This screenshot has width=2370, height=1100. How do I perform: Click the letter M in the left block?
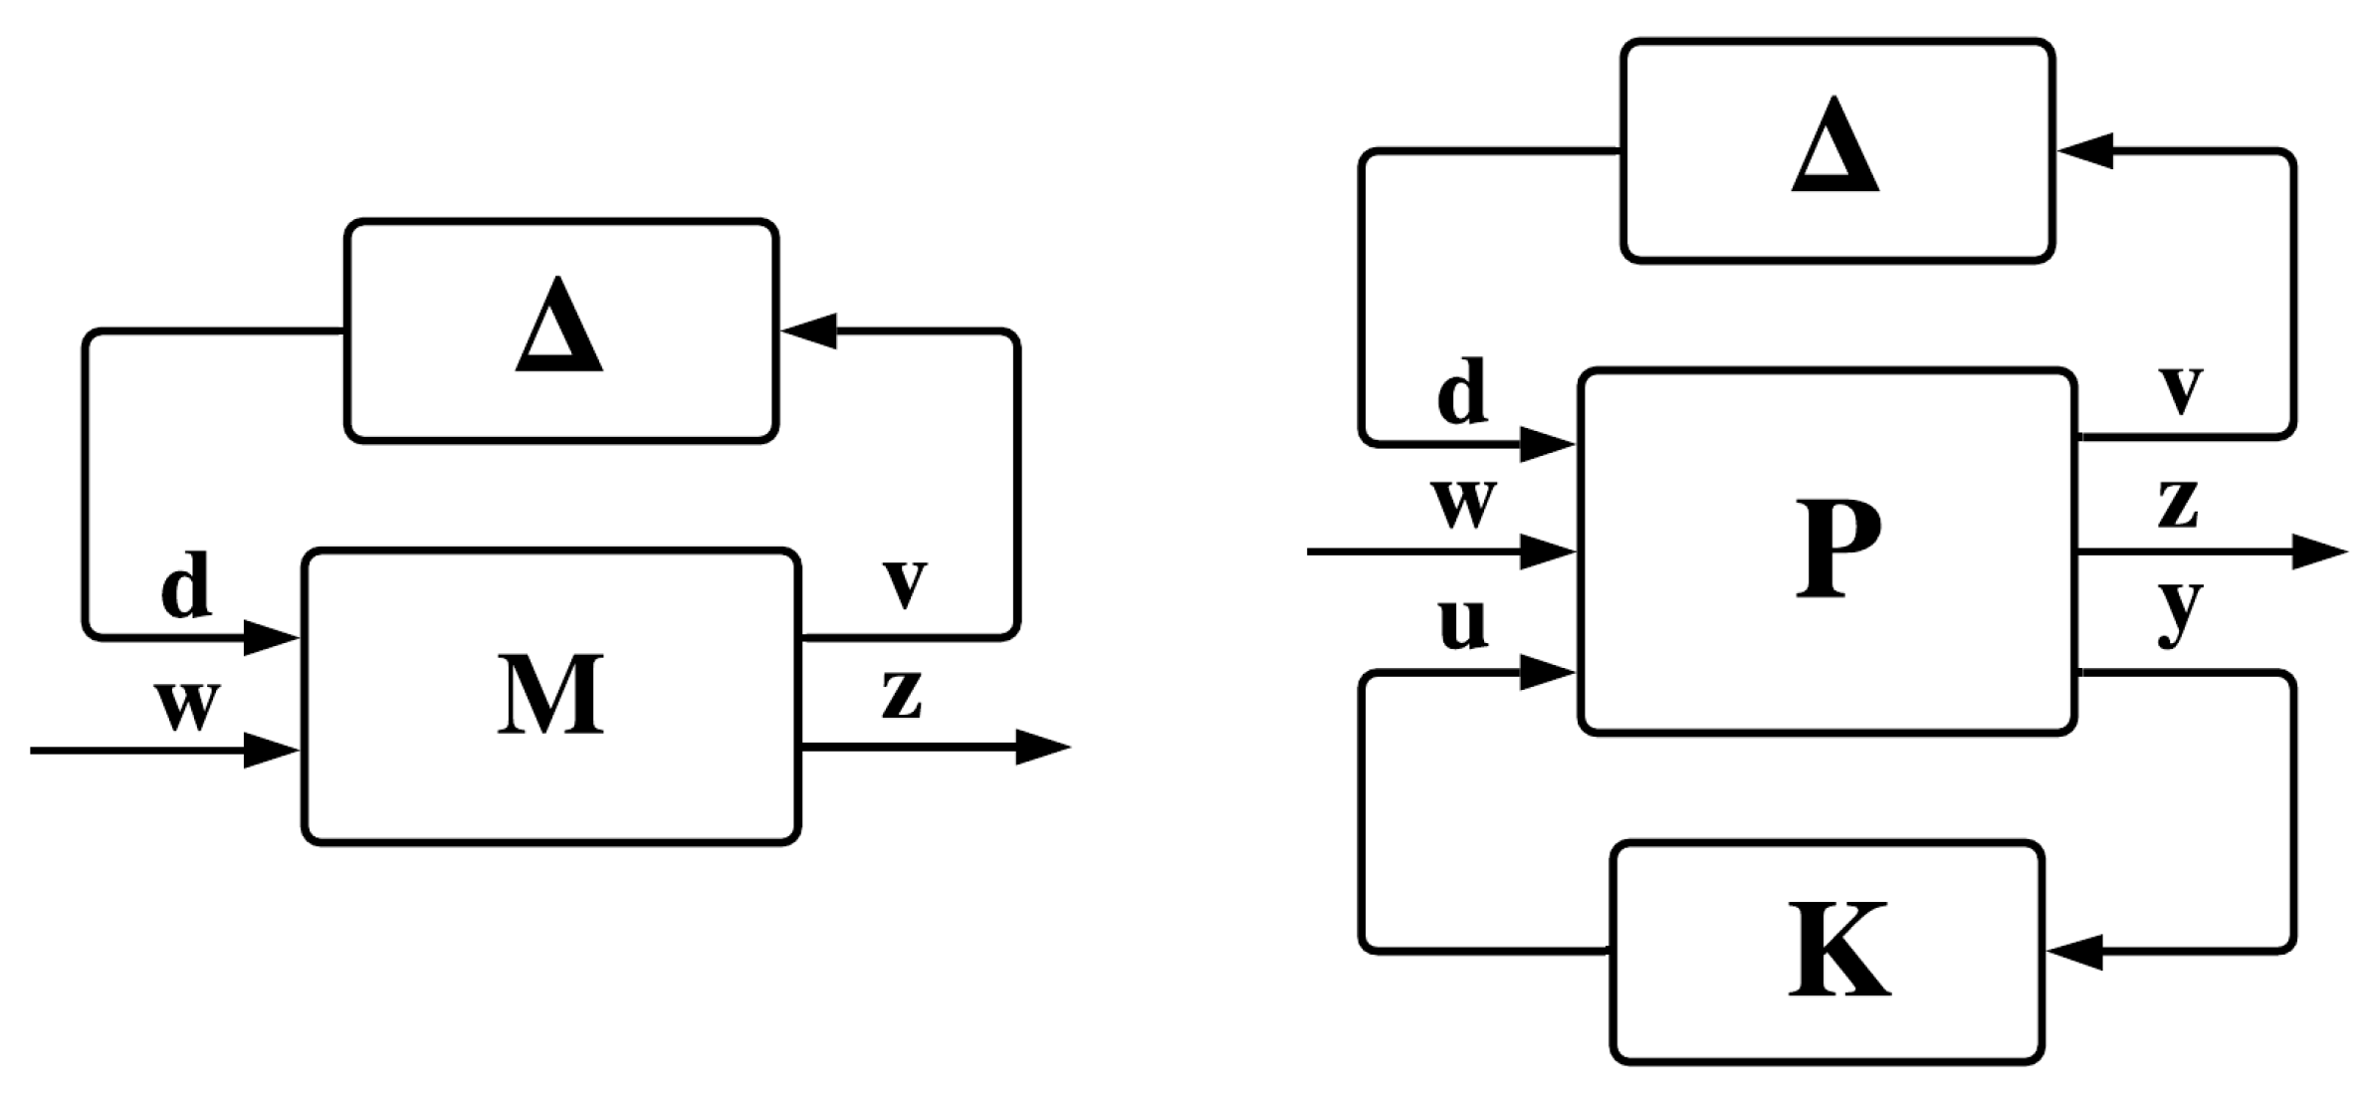point(550,696)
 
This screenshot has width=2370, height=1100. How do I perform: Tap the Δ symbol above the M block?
point(558,327)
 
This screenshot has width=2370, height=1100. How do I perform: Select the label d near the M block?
point(186,585)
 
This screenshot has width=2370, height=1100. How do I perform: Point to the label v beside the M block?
point(905,583)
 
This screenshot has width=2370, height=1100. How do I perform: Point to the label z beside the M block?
point(902,694)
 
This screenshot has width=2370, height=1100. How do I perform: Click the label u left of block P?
point(1462,624)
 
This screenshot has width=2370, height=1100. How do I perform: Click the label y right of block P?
point(2180,610)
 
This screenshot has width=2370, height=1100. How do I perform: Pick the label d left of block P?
point(1462,392)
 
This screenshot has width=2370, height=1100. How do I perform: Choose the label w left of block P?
point(1464,504)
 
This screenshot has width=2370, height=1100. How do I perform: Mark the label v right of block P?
point(2181,390)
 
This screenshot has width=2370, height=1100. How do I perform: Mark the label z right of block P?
point(2179,504)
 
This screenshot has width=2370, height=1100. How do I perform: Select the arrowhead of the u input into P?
point(1546,674)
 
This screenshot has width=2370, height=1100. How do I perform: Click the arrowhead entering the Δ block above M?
point(809,330)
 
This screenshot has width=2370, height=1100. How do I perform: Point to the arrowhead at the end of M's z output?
point(1041,747)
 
